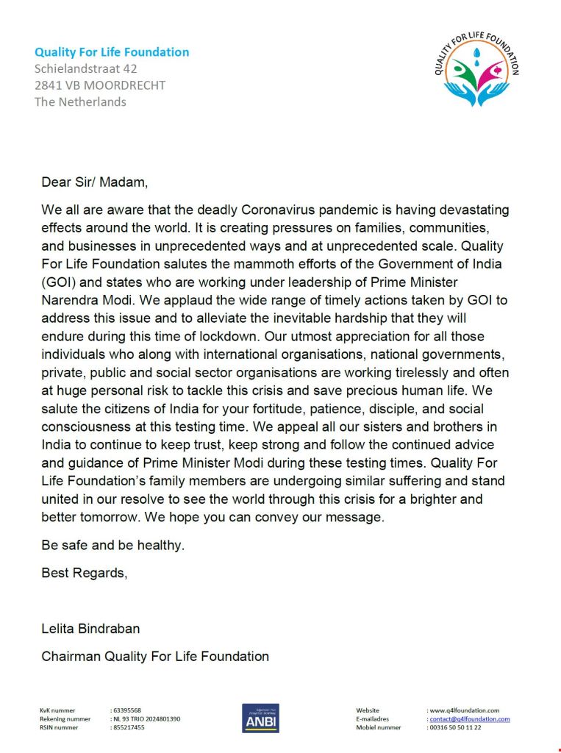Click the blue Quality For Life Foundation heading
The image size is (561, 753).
pos(112,52)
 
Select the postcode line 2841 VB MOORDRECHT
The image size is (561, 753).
pos(100,85)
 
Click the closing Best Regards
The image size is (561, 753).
pos(84,573)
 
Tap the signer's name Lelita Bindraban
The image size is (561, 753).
pos(90,629)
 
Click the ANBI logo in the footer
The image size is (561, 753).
pos(260,718)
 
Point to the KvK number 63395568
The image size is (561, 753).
pos(127,710)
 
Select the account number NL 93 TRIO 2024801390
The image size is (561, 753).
pos(146,718)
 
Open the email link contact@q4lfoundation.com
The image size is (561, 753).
pos(470,718)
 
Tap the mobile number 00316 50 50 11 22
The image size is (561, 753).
pos(455,727)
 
